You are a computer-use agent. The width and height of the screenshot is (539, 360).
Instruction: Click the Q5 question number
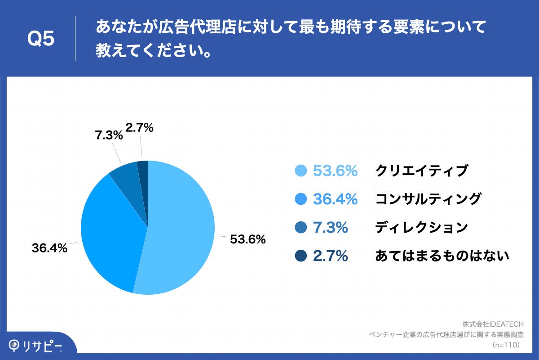coord(41,39)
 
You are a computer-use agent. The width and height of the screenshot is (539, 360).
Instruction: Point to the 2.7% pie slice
coord(143,170)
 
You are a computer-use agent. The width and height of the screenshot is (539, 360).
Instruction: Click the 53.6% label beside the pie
coord(247,239)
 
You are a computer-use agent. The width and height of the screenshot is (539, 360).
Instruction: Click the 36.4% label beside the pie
coord(49,247)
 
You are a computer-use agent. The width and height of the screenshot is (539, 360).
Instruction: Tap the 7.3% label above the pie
coord(109,135)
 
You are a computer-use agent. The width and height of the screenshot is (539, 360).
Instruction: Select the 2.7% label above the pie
coord(140,128)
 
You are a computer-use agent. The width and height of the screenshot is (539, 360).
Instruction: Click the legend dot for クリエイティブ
coord(301,171)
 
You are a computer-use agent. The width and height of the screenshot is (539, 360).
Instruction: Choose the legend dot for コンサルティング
coord(301,199)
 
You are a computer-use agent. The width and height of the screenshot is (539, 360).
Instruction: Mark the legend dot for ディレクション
coord(301,228)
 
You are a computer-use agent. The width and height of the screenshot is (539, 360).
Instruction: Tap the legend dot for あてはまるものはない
coord(301,256)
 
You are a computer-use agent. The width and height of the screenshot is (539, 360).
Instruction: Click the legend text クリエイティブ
coord(421,171)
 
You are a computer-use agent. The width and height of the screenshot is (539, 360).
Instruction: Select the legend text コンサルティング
coord(428,199)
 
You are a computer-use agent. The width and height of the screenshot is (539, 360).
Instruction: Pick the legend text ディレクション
coord(421,228)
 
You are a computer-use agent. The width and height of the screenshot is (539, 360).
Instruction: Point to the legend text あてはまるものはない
coord(442,256)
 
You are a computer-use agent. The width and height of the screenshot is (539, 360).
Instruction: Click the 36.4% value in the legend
coord(335,199)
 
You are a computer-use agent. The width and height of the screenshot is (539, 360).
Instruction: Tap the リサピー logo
coord(36,346)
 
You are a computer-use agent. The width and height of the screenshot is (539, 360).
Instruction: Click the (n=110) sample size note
coord(506,345)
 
